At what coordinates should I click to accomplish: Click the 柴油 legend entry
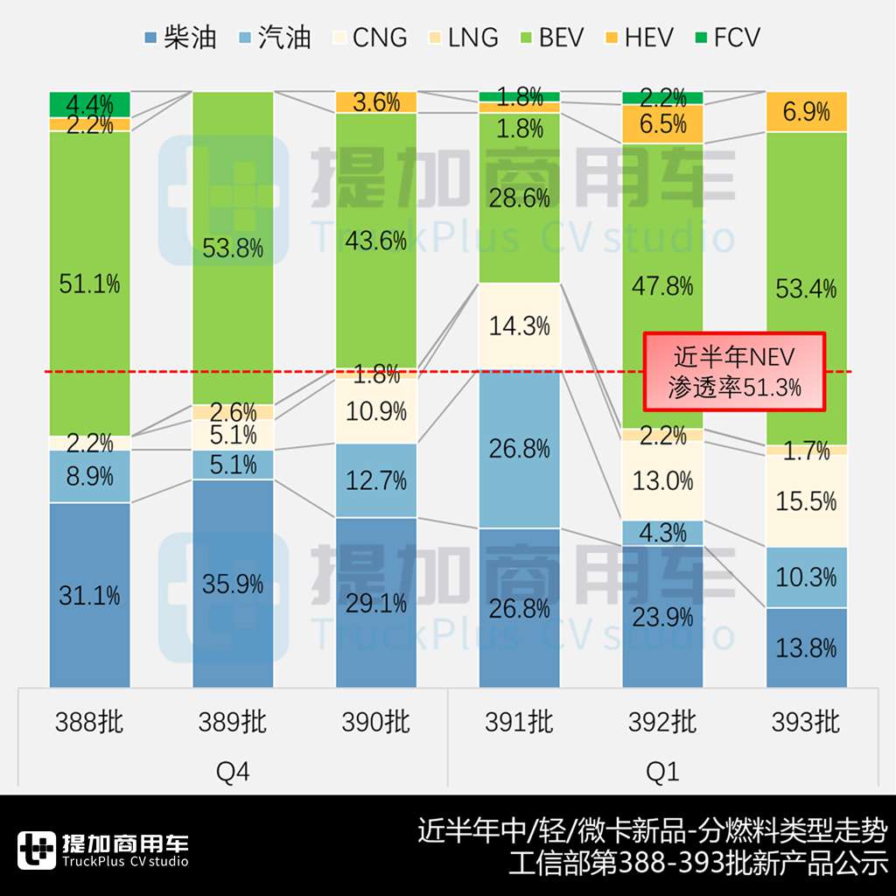tap(178, 38)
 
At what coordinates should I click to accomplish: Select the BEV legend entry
tap(547, 38)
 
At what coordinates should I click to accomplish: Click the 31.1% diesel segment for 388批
tap(89, 595)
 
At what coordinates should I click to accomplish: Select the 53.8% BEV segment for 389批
tap(233, 248)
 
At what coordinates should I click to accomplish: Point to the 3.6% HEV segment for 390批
tap(376, 101)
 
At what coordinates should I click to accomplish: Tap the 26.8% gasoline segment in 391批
tap(519, 449)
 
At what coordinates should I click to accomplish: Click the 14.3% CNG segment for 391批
tap(519, 326)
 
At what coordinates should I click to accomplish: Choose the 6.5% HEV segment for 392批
tap(662, 123)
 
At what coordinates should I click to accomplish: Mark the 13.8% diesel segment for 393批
tap(806, 647)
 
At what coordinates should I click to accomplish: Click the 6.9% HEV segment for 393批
tap(806, 111)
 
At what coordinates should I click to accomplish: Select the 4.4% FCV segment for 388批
tap(89, 103)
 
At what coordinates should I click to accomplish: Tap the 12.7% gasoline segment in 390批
tap(376, 480)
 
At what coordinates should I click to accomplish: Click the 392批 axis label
tap(662, 723)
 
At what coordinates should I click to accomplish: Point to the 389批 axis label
tap(233, 723)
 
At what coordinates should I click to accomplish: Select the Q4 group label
tap(233, 772)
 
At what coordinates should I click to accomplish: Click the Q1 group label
tap(662, 772)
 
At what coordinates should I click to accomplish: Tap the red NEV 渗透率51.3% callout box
tap(735, 371)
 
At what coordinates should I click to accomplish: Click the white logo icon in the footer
tap(36, 850)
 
